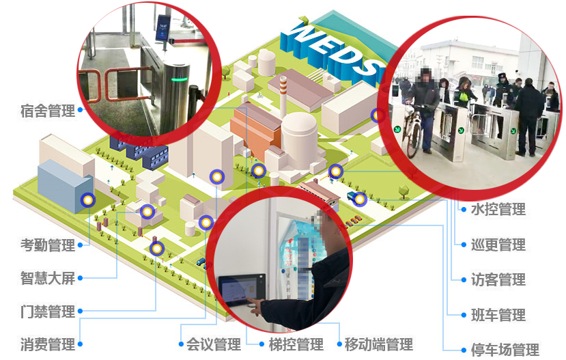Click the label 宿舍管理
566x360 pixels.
(x=48, y=111)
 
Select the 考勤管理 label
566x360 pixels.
(x=48, y=245)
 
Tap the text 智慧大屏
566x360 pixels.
(x=48, y=279)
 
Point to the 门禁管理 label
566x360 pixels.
(x=48, y=311)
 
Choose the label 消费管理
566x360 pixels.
(x=48, y=344)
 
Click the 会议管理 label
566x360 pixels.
(x=214, y=344)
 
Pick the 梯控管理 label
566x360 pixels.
(x=296, y=344)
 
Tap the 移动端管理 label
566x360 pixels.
(x=379, y=344)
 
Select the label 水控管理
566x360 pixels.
(x=498, y=209)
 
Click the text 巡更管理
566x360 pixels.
(x=498, y=245)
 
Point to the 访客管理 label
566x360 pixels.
(x=498, y=279)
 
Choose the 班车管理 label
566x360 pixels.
(x=498, y=315)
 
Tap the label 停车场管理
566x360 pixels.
(x=505, y=350)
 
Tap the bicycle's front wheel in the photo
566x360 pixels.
(x=414, y=140)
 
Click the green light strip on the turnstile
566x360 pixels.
(x=180, y=79)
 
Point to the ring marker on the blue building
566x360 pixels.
(x=87, y=200)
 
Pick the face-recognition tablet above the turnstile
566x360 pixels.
(x=163, y=28)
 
